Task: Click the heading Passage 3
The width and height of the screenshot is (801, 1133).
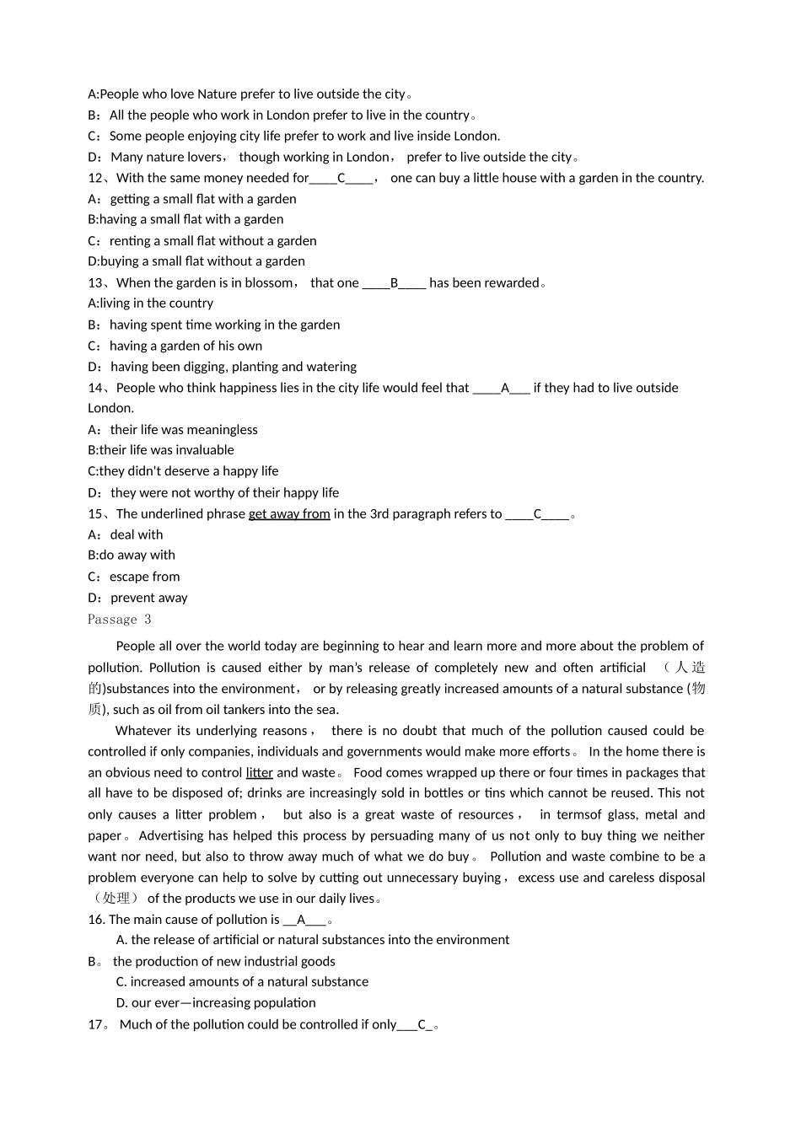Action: (119, 619)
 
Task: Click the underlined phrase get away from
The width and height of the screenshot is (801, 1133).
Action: (289, 513)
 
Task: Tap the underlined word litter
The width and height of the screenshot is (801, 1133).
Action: (259, 772)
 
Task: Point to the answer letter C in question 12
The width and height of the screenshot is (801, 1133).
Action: (341, 178)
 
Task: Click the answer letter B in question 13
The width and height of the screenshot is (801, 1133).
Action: (394, 282)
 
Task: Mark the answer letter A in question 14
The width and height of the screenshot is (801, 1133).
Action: (505, 388)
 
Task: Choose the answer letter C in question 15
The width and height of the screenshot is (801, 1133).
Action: (537, 513)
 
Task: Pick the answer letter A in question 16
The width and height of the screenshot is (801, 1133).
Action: (301, 920)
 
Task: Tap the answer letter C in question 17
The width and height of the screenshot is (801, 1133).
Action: (422, 1024)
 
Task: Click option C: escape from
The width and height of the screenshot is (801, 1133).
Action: (134, 577)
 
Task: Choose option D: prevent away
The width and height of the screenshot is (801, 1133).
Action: (137, 598)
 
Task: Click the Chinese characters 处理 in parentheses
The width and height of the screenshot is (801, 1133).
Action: (116, 899)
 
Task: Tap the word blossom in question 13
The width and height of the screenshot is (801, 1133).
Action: (267, 282)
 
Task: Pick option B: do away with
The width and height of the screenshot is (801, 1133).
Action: (132, 555)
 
